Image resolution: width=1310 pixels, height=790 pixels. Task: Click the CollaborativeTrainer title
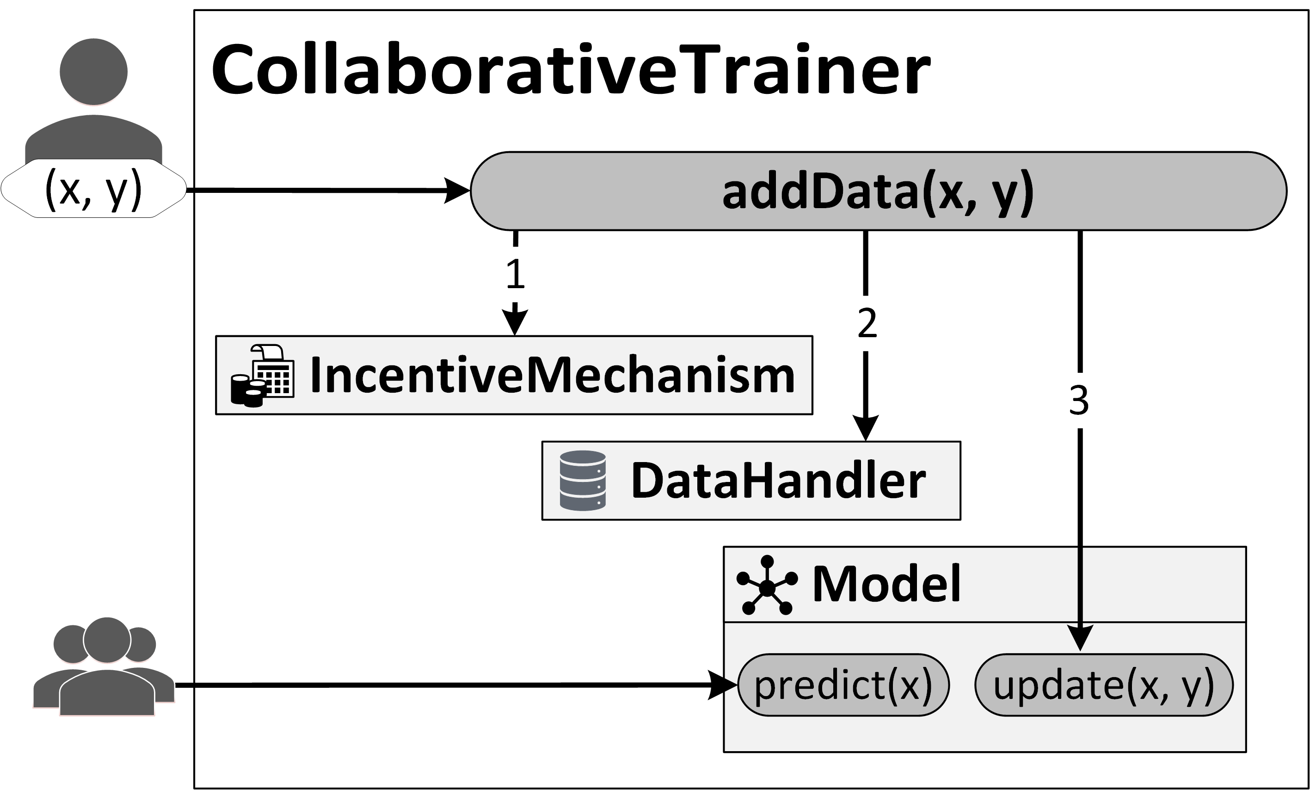point(570,70)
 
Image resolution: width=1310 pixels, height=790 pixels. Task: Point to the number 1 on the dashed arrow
point(515,275)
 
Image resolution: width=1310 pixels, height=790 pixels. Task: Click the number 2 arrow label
point(867,323)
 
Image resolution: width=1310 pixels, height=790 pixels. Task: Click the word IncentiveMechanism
point(552,375)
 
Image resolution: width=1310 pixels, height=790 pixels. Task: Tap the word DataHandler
point(778,481)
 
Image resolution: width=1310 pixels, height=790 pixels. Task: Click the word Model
point(886,584)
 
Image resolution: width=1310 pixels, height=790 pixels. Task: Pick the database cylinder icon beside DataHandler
point(583,481)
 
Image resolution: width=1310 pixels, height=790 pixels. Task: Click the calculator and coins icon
point(262,376)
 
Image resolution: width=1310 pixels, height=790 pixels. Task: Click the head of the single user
point(93,72)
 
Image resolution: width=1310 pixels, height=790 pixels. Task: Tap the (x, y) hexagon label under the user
point(93,189)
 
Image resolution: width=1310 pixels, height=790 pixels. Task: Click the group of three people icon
point(104,667)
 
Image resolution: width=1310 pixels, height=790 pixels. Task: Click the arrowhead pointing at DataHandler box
point(866,428)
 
